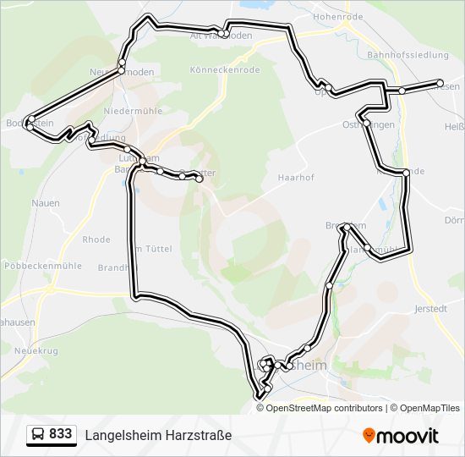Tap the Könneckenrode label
(225, 69)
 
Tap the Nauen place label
(45, 203)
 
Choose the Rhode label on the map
(96, 240)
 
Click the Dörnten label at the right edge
(455, 220)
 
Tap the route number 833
(60, 434)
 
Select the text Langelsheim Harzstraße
(158, 435)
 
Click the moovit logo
(401, 436)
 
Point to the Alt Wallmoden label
(222, 36)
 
